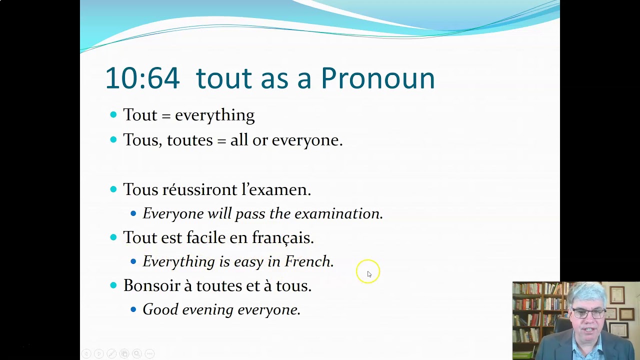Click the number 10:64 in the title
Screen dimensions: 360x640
click(x=142, y=78)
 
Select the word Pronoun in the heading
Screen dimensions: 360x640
click(x=377, y=78)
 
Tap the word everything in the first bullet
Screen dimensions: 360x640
click(x=214, y=115)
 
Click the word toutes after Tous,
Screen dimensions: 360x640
click(x=189, y=140)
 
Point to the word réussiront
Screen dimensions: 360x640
click(x=199, y=189)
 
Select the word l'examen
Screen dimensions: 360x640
click(x=276, y=189)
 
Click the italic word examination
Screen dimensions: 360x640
click(x=338, y=213)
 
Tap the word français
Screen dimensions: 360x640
click(x=282, y=238)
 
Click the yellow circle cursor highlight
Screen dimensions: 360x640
click(x=368, y=271)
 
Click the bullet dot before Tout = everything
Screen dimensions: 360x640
click(x=113, y=115)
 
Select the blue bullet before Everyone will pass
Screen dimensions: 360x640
click(x=133, y=213)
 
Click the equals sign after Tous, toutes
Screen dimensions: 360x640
click(x=221, y=140)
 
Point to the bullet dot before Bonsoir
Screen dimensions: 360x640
click(x=113, y=285)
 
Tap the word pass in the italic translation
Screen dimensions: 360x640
click(x=249, y=214)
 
